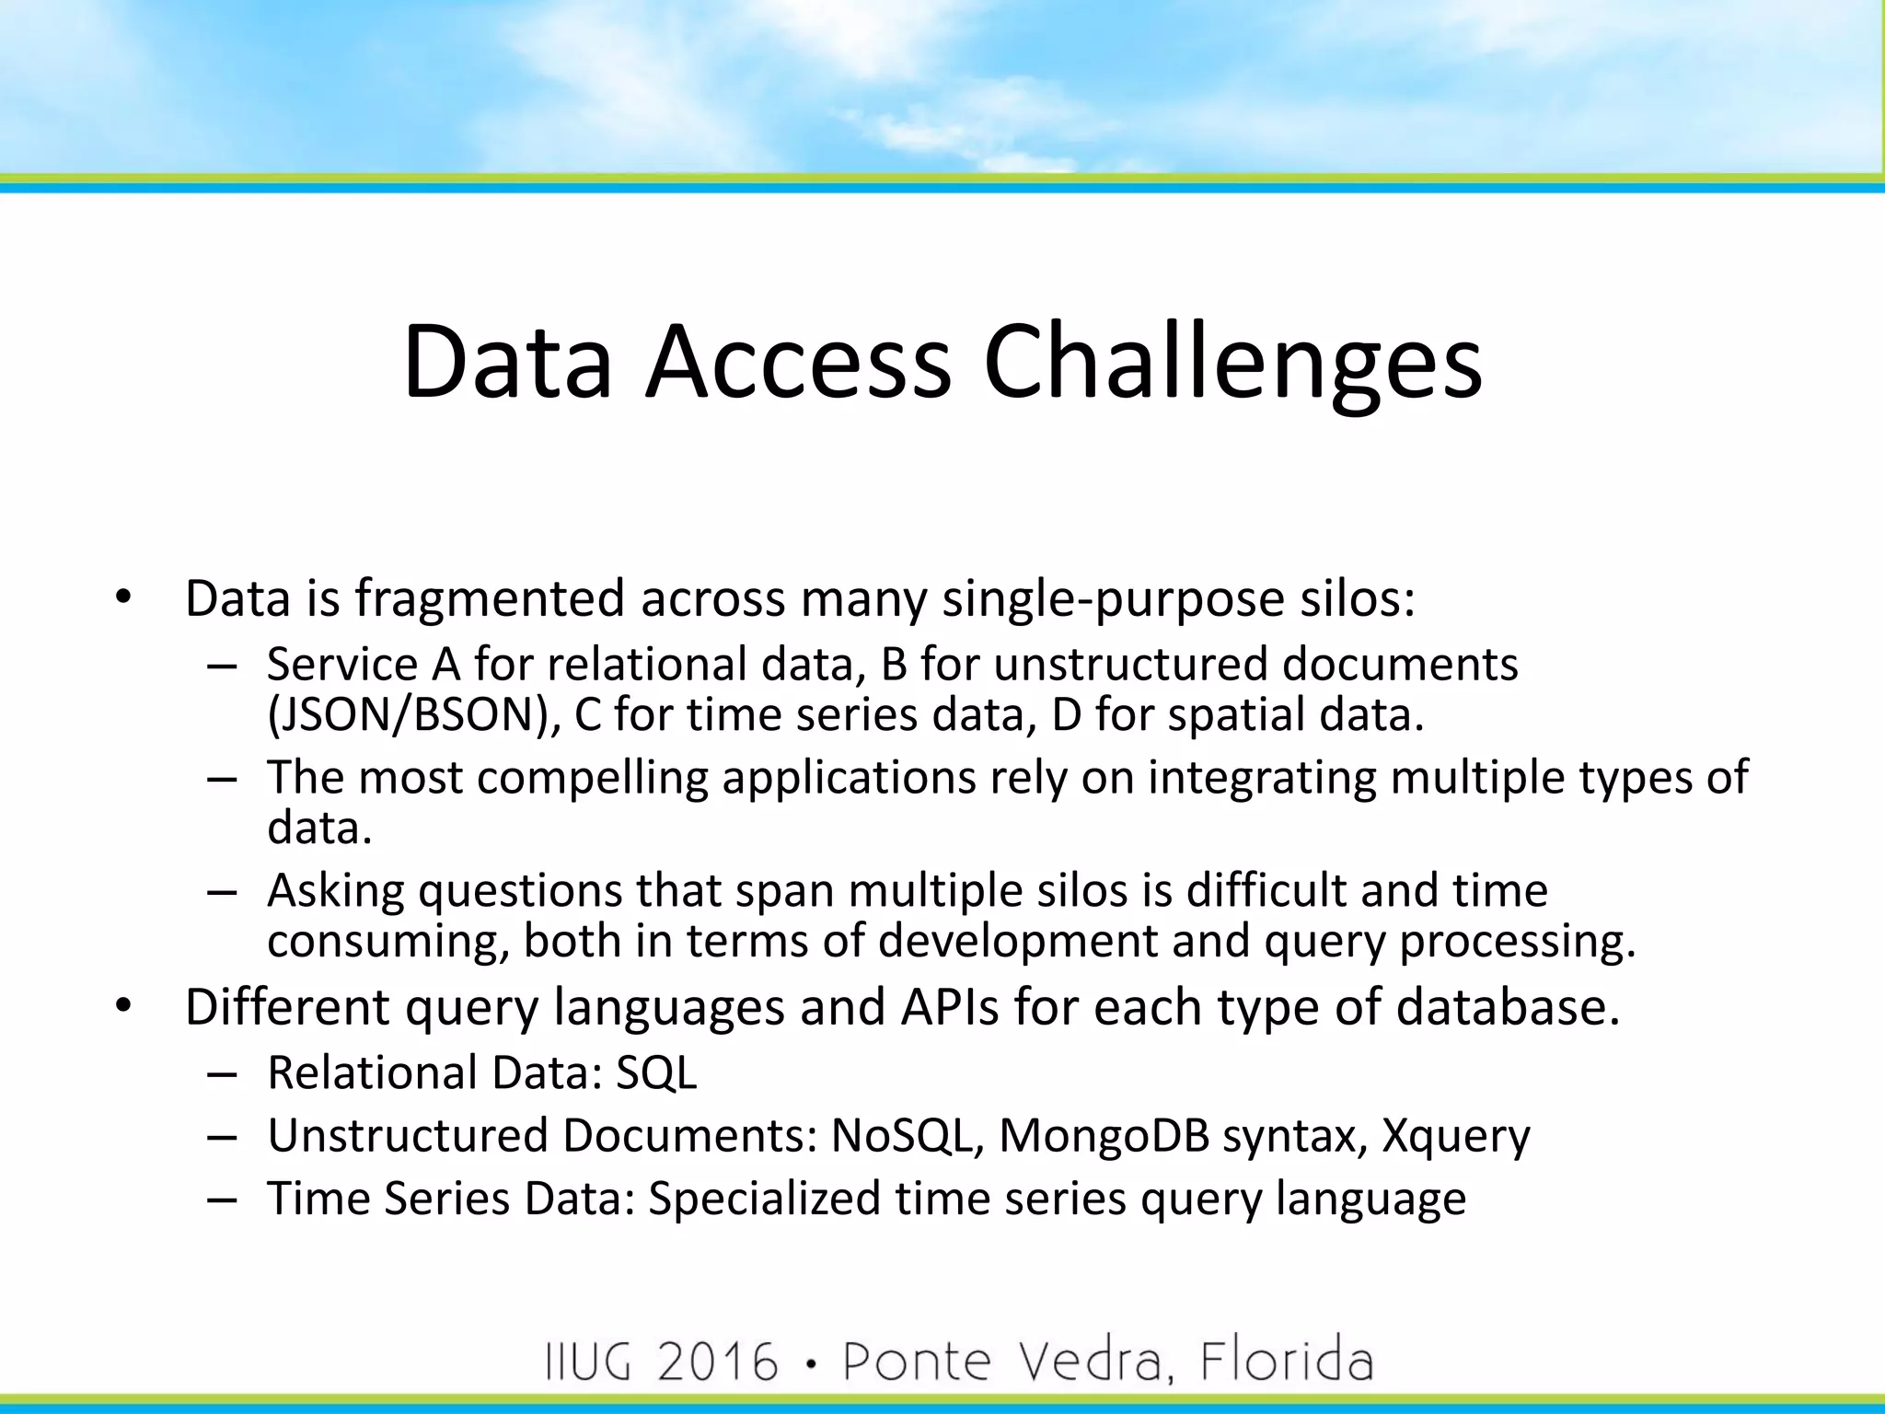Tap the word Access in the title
pos(797,362)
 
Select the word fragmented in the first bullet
pos(491,599)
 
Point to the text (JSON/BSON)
pos(414,715)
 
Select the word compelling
pos(593,779)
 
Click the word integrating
pos(1262,779)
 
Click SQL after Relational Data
pos(656,1073)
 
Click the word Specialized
pos(764,1200)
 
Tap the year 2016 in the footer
pos(719,1362)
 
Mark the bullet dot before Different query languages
pos(124,1008)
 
